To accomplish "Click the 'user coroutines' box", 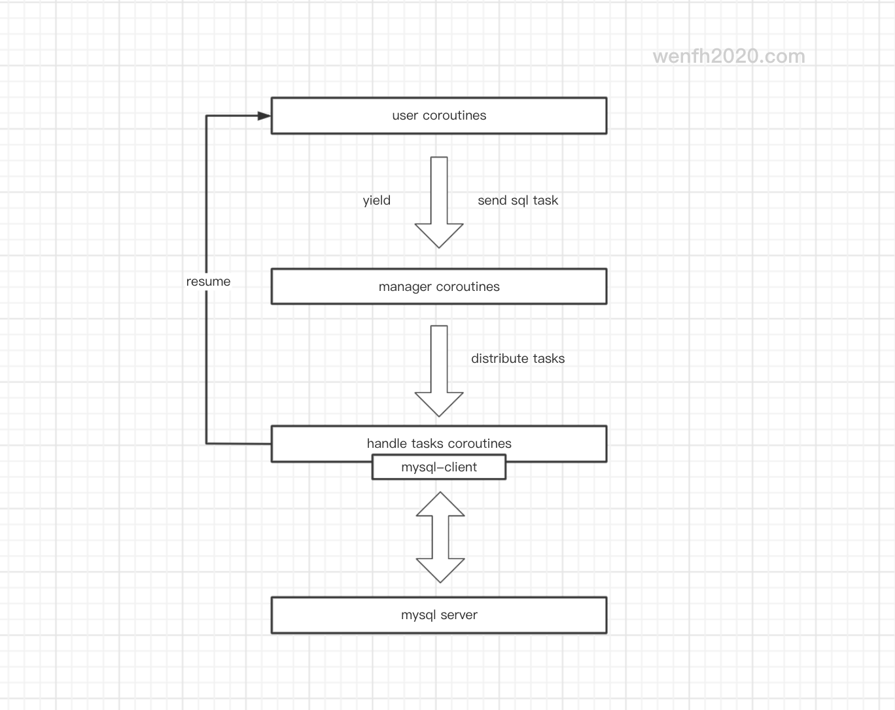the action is pyautogui.click(x=439, y=116).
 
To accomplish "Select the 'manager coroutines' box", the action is pyautogui.click(x=439, y=286).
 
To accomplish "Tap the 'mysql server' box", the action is pyautogui.click(x=439, y=615).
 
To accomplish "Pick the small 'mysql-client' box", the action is pyautogui.click(x=439, y=467).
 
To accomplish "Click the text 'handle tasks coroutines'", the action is pyautogui.click(x=439, y=443).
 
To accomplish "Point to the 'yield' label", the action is pyautogui.click(x=376, y=201).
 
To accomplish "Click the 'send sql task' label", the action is pyautogui.click(x=518, y=200).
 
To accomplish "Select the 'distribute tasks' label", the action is pyautogui.click(x=518, y=358).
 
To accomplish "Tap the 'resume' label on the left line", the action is pyautogui.click(x=208, y=281).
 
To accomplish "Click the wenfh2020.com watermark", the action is pyautogui.click(x=729, y=56).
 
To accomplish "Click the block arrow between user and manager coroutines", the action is pyautogui.click(x=439, y=203).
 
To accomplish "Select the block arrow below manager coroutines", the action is pyautogui.click(x=439, y=371).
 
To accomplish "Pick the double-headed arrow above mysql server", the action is pyautogui.click(x=440, y=537).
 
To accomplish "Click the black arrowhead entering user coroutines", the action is pyautogui.click(x=264, y=116).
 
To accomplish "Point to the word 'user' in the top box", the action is pyautogui.click(x=405, y=116).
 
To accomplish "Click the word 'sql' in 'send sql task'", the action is pyautogui.click(x=519, y=201).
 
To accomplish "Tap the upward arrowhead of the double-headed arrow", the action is pyautogui.click(x=440, y=504).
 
